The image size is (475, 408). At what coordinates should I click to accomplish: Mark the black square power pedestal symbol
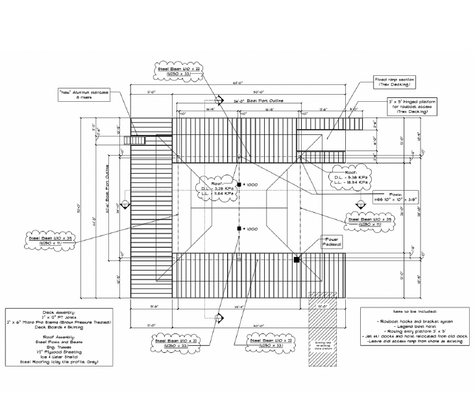297,259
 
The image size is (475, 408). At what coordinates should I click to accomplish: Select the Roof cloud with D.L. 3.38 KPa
213,188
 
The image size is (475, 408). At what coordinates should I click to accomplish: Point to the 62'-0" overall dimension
239,83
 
